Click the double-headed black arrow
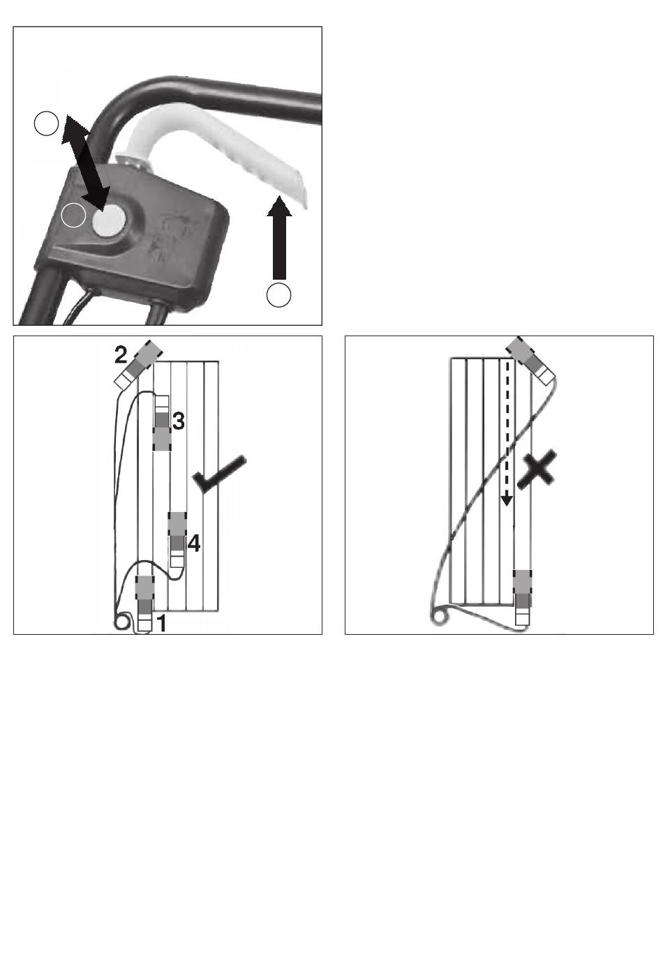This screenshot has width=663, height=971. click(x=85, y=163)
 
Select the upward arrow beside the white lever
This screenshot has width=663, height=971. click(x=279, y=238)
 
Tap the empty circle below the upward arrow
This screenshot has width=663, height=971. click(x=279, y=295)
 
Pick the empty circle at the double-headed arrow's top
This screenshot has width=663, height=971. click(x=46, y=123)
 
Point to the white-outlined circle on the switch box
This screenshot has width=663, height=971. click(x=73, y=215)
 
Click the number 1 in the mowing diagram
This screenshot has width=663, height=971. click(x=161, y=624)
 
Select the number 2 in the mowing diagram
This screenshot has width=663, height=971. click(x=121, y=355)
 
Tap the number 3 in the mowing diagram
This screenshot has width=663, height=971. click(x=178, y=421)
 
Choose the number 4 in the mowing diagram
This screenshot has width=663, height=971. click(x=194, y=543)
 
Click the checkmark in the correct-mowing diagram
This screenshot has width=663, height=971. click(x=219, y=474)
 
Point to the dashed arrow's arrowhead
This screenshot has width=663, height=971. click(x=507, y=500)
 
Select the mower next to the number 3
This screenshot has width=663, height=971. click(x=162, y=423)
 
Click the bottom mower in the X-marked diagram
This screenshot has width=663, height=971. click(x=523, y=597)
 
